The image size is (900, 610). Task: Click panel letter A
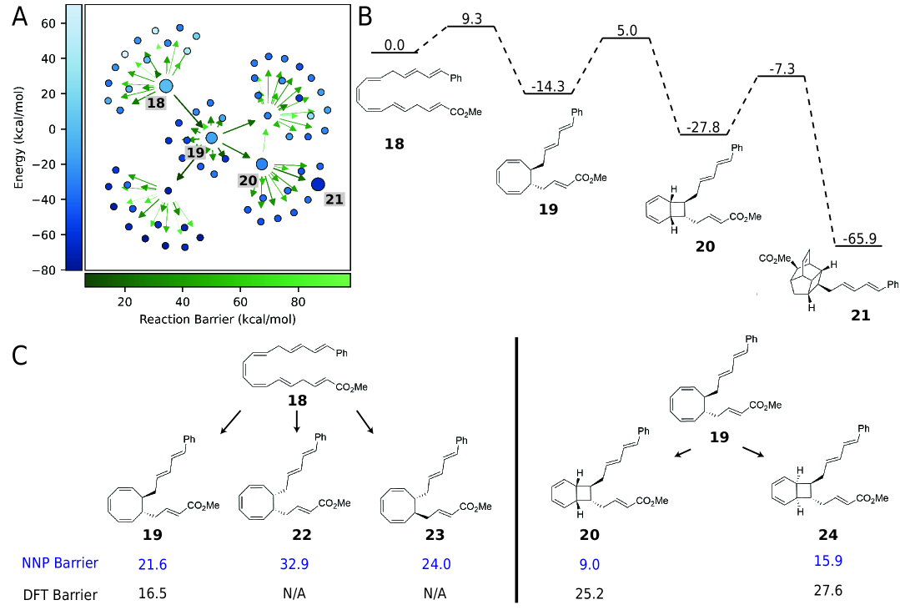pos(23,19)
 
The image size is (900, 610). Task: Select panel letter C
pos(23,355)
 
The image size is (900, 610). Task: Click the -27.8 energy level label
pos(704,125)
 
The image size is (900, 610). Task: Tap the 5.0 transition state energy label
pos(626,30)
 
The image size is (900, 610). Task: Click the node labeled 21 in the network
pos(318,184)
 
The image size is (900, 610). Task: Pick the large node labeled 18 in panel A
pos(165,86)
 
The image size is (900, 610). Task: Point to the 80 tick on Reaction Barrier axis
pos(299,301)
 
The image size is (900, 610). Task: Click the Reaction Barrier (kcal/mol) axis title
pos(217,319)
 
